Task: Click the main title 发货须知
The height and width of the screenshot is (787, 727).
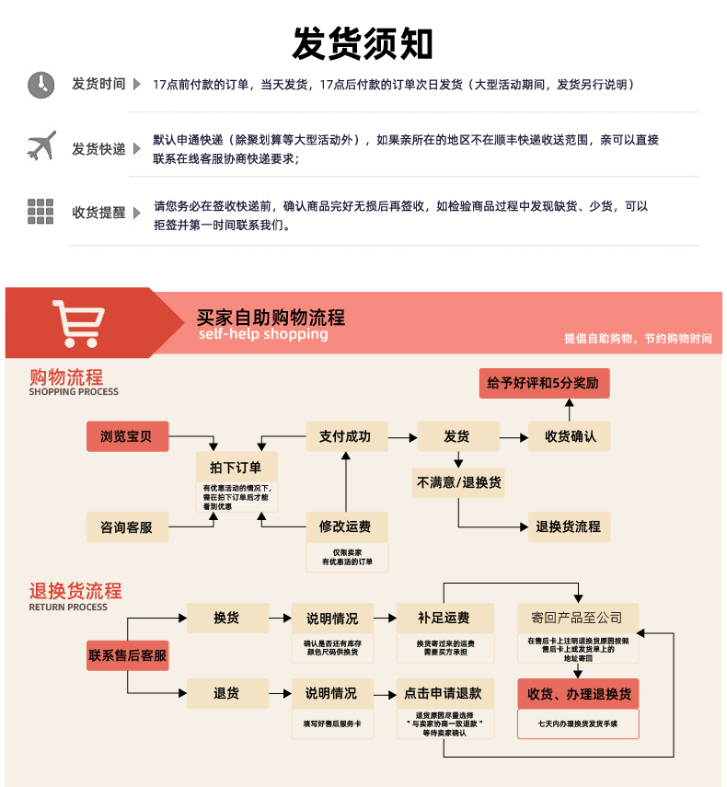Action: (363, 42)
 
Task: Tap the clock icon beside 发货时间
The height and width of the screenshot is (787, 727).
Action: (40, 84)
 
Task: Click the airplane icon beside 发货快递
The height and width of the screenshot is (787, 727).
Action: (41, 146)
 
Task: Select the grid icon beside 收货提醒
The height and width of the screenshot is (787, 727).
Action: (40, 212)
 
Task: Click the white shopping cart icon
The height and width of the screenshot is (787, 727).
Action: (78, 322)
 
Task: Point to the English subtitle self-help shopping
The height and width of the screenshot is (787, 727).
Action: (262, 334)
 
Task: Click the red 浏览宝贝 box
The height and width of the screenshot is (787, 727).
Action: (127, 436)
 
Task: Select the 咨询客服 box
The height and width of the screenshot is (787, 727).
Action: (127, 527)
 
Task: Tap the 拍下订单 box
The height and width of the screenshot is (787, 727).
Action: (237, 467)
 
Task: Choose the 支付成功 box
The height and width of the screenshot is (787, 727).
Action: (346, 436)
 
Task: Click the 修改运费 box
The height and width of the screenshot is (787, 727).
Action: (346, 527)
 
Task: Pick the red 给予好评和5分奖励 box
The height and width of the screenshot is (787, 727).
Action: (543, 383)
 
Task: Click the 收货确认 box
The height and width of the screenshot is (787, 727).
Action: (569, 436)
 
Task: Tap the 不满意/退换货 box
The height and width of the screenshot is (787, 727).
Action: (459, 482)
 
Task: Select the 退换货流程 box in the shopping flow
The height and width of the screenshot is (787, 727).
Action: (569, 527)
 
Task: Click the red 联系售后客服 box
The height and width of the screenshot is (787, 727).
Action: (127, 655)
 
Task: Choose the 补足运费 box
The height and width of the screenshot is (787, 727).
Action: (444, 618)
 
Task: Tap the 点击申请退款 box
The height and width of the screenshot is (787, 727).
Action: (444, 693)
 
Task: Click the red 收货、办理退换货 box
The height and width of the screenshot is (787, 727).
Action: (577, 693)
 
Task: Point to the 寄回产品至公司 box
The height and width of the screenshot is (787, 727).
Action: (577, 618)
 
